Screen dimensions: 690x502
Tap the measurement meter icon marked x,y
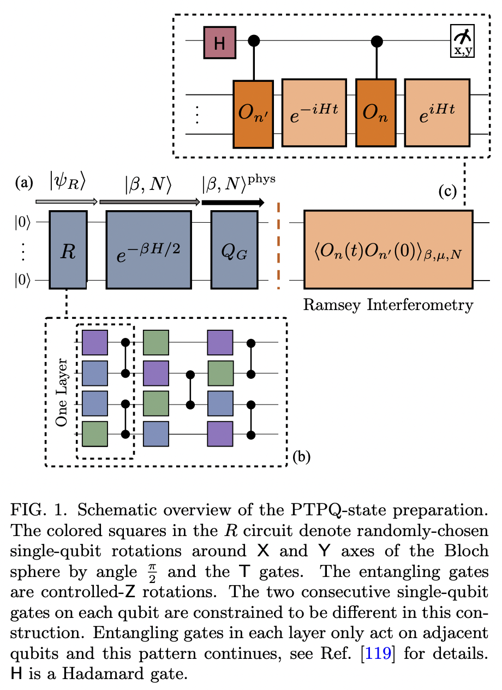463,41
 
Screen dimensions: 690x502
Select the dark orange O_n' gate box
253,114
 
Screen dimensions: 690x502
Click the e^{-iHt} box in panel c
314,113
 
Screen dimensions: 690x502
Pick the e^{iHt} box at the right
437,113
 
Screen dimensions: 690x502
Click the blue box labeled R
68,249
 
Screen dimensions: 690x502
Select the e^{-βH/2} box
148,249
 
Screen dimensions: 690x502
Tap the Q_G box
234,249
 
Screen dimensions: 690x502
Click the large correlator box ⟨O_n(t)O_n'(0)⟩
388,249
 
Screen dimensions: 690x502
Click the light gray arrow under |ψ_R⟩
66,202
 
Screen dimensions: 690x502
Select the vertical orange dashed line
279,246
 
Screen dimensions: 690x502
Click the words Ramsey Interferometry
387,305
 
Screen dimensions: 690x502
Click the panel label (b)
301,456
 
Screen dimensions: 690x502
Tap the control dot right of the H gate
253,41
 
